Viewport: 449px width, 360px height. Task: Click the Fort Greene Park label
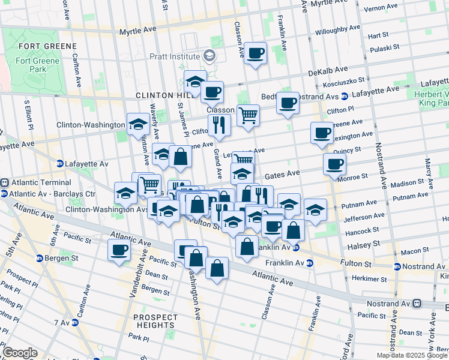pos(38,65)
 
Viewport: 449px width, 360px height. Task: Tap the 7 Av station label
pos(61,323)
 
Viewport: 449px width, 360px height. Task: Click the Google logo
pos(20,353)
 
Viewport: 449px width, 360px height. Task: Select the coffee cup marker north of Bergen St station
pos(119,250)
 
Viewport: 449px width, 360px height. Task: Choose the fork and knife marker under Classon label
pos(219,124)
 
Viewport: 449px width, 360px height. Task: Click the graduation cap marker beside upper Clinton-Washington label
pos(138,124)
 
